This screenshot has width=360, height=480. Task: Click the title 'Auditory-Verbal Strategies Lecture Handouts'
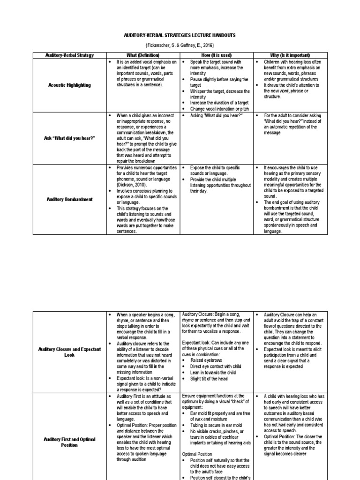tap(180, 35)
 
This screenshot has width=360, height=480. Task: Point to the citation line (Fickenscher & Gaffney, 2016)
tap(180, 45)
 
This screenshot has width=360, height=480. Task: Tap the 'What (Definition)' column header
tap(143, 55)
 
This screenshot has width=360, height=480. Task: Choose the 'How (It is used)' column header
tap(216, 55)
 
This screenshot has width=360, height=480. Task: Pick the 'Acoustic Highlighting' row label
tap(69, 85)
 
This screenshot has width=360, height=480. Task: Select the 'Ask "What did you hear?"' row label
tap(69, 138)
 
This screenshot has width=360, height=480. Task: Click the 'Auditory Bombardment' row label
tap(69, 199)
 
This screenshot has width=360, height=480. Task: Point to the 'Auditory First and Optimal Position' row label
tap(69, 442)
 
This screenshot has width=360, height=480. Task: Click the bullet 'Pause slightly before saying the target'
tap(217, 82)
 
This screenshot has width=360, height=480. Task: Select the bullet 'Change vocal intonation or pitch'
tap(219, 108)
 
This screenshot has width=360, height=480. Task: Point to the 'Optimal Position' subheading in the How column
tap(197, 454)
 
